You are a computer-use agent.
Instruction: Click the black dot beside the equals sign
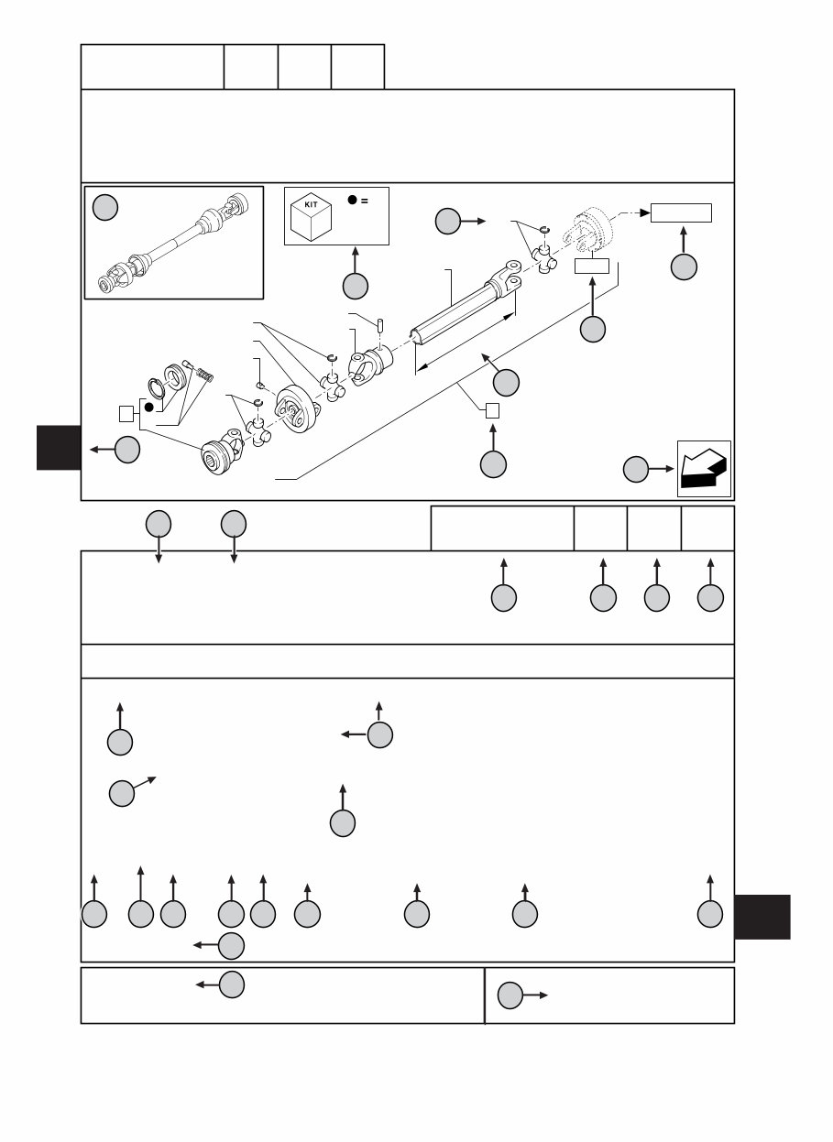coord(351,201)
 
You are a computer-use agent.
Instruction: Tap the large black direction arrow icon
coord(703,468)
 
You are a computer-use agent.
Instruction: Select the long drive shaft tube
coord(458,311)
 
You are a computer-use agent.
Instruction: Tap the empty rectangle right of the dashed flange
coord(681,213)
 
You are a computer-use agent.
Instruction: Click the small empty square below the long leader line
coord(492,409)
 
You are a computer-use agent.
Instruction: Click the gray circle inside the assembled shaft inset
coord(105,208)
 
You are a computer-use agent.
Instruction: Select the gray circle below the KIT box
coord(356,286)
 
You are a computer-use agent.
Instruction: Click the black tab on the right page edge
coord(762,917)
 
